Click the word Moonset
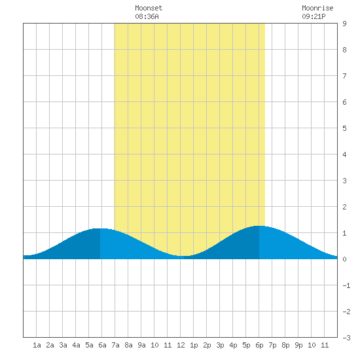pyautogui.click(x=149, y=8)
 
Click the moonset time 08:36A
pyautogui.click(x=147, y=16)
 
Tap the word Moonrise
pyautogui.click(x=317, y=8)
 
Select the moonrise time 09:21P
pyautogui.click(x=314, y=16)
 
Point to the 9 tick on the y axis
pyautogui.click(x=344, y=24)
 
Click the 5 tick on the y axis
pyautogui.click(x=344, y=128)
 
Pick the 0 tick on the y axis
pyautogui.click(x=344, y=259)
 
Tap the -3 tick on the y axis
pyautogui.click(x=346, y=338)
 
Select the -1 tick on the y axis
pyautogui.click(x=346, y=285)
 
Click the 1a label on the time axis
pyautogui.click(x=37, y=345)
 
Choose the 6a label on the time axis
pyautogui.click(x=102, y=345)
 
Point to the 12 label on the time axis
pyautogui.click(x=181, y=345)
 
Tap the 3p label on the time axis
pyautogui.click(x=220, y=346)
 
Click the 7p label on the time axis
pyautogui.click(x=272, y=346)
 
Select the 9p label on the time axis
pyautogui.click(x=298, y=346)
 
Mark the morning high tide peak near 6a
pyautogui.click(x=100, y=228)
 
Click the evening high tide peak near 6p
pyautogui.click(x=259, y=226)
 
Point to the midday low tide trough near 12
pyautogui.click(x=184, y=256)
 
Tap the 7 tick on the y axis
pyautogui.click(x=344, y=76)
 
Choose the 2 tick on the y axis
pyautogui.click(x=344, y=207)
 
